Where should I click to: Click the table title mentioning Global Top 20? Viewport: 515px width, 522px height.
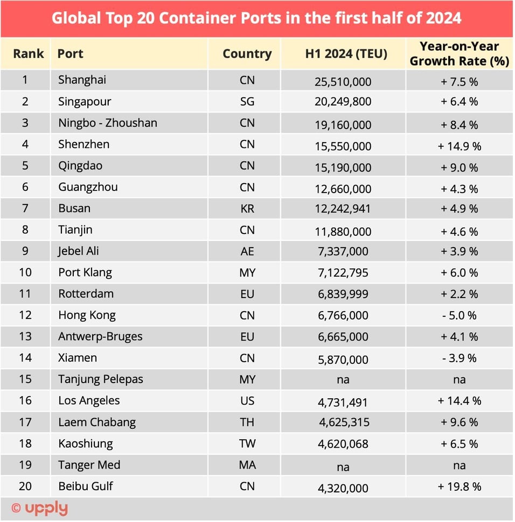coord(256,18)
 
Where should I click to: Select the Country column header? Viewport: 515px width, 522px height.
coord(247,54)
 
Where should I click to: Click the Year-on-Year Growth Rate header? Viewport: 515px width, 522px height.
coord(459,54)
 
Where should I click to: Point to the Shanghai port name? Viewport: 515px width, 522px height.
coord(82,80)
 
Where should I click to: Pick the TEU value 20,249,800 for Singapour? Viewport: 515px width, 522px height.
coord(343,102)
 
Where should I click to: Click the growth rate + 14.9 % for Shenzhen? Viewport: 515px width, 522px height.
coord(459,146)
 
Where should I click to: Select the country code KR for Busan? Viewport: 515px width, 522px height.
coord(247,209)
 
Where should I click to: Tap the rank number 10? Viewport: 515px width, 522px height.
coord(25,272)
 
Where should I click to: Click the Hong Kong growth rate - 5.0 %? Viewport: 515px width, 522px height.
coord(459,316)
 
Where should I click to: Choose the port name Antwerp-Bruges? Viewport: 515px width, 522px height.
coord(100,337)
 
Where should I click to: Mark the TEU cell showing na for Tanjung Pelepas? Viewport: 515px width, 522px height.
coord(343,380)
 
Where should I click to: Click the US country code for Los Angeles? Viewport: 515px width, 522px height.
coord(247,401)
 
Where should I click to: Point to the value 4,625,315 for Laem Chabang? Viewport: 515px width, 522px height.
coord(344,423)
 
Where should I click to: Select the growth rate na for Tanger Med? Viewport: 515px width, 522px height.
coord(459,466)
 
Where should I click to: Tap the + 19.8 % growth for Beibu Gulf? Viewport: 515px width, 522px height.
coord(459,487)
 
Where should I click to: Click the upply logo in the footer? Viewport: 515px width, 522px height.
coord(40,508)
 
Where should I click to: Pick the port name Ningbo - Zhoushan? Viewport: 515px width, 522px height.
coord(108,123)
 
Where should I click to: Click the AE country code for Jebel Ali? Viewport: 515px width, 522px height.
coord(247,251)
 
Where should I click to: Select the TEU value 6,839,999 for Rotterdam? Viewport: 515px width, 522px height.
coord(343,295)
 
